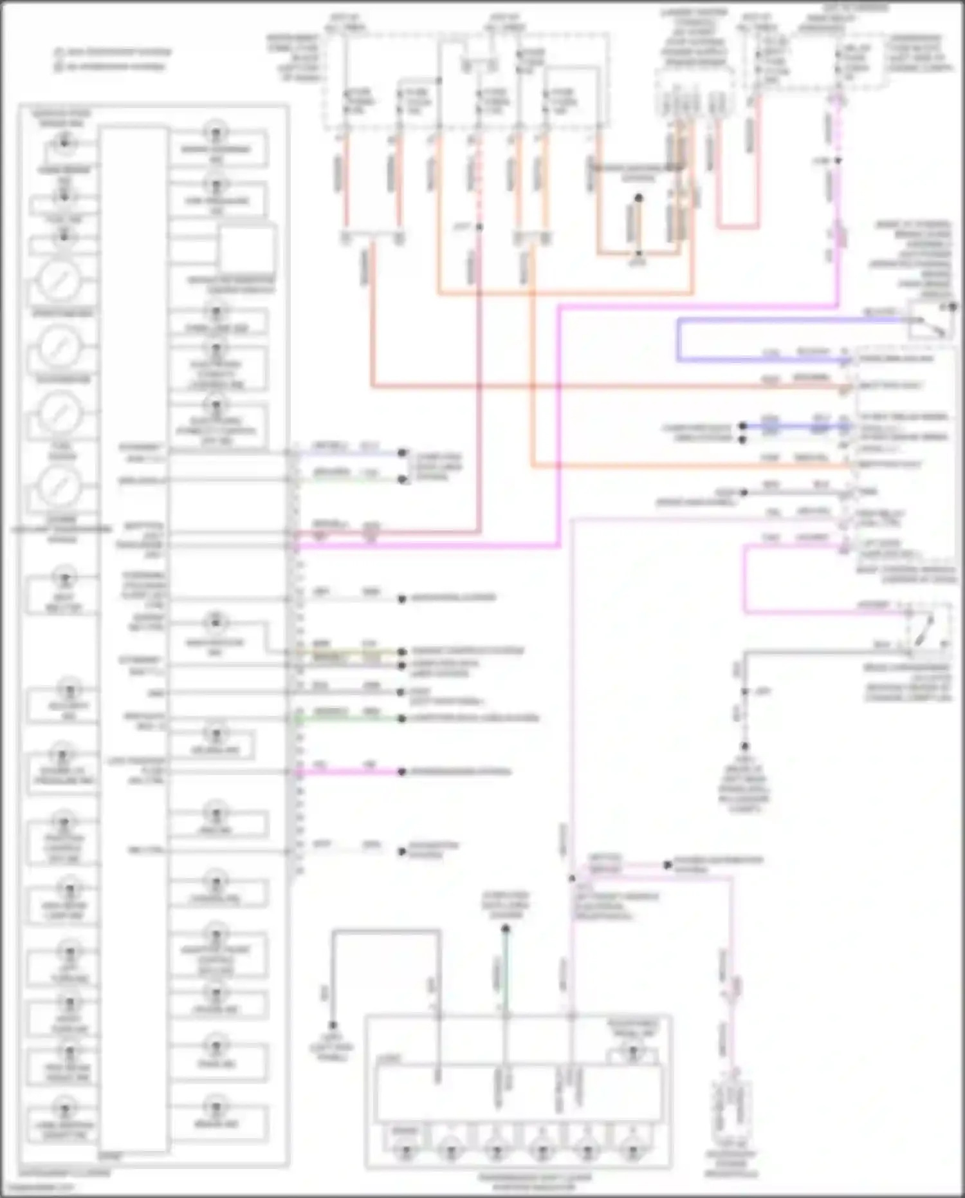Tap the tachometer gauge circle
(x=59, y=346)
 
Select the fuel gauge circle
(x=59, y=413)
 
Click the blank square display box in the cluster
(x=247, y=249)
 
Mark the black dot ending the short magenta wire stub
(x=401, y=772)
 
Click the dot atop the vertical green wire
(x=506, y=929)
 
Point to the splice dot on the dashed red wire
(x=479, y=227)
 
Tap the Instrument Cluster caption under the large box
(x=64, y=1173)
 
